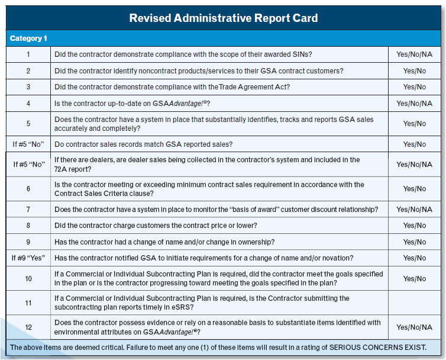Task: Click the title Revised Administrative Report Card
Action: point(223,18)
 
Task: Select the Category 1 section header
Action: point(28,38)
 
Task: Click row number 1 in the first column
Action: point(28,54)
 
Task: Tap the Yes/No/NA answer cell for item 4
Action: point(414,104)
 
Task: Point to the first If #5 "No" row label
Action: point(28,144)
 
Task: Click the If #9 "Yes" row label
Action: point(28,258)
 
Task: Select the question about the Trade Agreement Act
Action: point(172,87)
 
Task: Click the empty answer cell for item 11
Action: point(414,303)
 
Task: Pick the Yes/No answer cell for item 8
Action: point(414,226)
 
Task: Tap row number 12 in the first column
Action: point(28,327)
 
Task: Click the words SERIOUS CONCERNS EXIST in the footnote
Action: point(376,348)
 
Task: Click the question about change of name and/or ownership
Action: point(164,242)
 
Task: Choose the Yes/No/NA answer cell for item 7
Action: point(414,210)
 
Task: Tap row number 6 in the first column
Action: point(28,189)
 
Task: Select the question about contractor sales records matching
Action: point(143,144)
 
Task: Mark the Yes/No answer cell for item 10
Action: point(414,278)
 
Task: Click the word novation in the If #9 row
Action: point(337,258)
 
